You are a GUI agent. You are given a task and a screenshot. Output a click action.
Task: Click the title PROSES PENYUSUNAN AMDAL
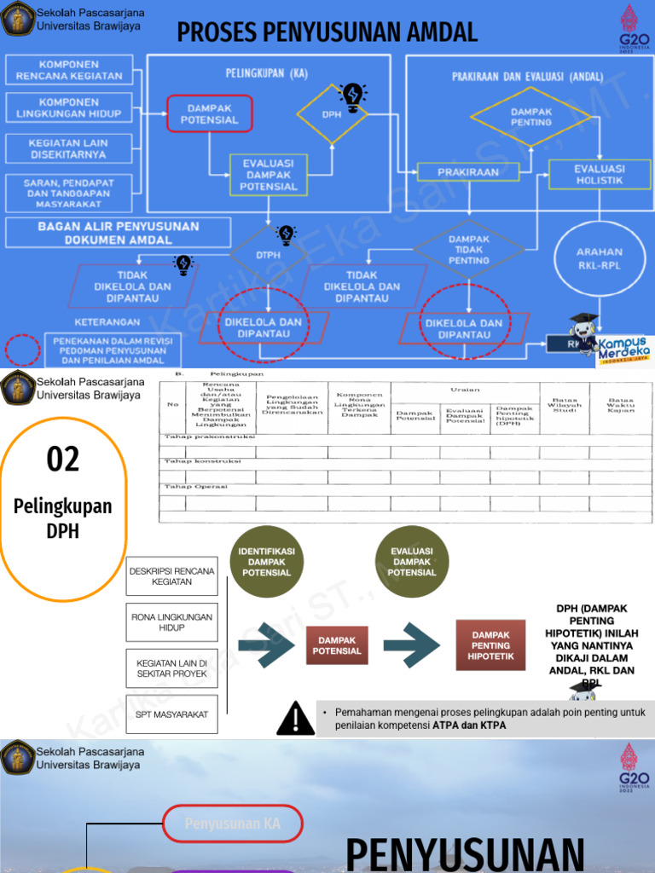327,32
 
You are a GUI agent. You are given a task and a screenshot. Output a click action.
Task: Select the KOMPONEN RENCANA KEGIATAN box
69,71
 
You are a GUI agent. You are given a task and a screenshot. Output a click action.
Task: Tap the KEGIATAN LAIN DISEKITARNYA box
67,149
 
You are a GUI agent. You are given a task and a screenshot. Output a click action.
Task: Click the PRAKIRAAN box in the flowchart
468,172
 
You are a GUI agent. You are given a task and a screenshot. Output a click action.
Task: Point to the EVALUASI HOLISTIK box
599,174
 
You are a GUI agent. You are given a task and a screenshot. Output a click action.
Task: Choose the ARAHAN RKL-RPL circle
599,257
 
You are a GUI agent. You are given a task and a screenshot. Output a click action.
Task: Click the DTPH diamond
269,254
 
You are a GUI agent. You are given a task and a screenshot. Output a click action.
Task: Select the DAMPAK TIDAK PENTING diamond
468,250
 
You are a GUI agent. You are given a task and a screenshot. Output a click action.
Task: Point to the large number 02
63,460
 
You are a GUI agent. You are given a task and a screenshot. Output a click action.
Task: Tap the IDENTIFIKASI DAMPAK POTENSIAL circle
266,562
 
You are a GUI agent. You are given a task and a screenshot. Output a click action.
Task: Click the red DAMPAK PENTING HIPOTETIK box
490,645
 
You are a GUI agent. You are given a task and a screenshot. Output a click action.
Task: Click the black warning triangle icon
295,718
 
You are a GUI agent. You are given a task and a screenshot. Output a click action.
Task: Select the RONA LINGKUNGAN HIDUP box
172,622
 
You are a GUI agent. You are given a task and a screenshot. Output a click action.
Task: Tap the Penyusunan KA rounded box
233,824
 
